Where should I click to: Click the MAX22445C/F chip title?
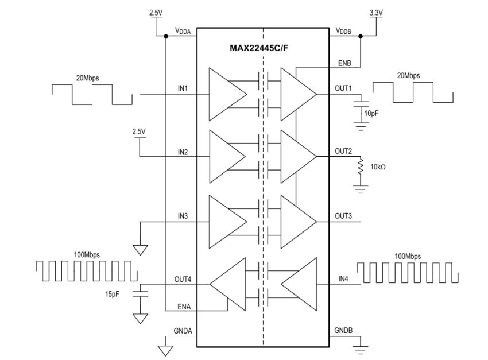[x=263, y=48]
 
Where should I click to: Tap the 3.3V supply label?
[x=375, y=11]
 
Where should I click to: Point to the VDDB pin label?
[x=343, y=32]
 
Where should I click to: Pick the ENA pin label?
[x=184, y=307]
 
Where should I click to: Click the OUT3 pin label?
[x=343, y=216]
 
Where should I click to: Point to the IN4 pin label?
[x=343, y=279]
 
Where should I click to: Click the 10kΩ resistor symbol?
[x=361, y=168]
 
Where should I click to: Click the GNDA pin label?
[x=184, y=332]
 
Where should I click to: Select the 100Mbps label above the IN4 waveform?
[x=408, y=255]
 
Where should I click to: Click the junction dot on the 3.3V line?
[x=361, y=37]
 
